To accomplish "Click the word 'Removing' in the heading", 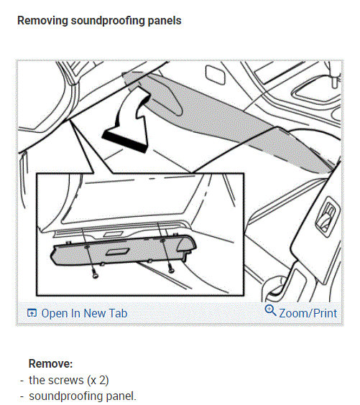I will [x=42, y=21].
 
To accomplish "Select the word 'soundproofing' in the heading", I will [x=105, y=21].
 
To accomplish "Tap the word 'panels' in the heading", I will [x=162, y=21].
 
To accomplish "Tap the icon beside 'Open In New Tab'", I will [x=32, y=313].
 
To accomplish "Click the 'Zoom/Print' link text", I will [x=308, y=313].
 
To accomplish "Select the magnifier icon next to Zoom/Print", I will [x=271, y=311].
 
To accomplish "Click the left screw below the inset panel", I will [x=94, y=274].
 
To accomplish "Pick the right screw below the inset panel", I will [x=171, y=269].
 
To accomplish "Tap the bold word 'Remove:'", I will [x=51, y=364].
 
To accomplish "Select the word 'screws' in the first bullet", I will [x=63, y=380].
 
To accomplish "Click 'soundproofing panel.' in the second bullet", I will [x=82, y=396].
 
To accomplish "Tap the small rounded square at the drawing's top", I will [x=215, y=74].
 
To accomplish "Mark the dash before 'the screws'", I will [x=22, y=380].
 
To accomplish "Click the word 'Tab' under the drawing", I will [x=118, y=313].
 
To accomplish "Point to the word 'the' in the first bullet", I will [x=37, y=380].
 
